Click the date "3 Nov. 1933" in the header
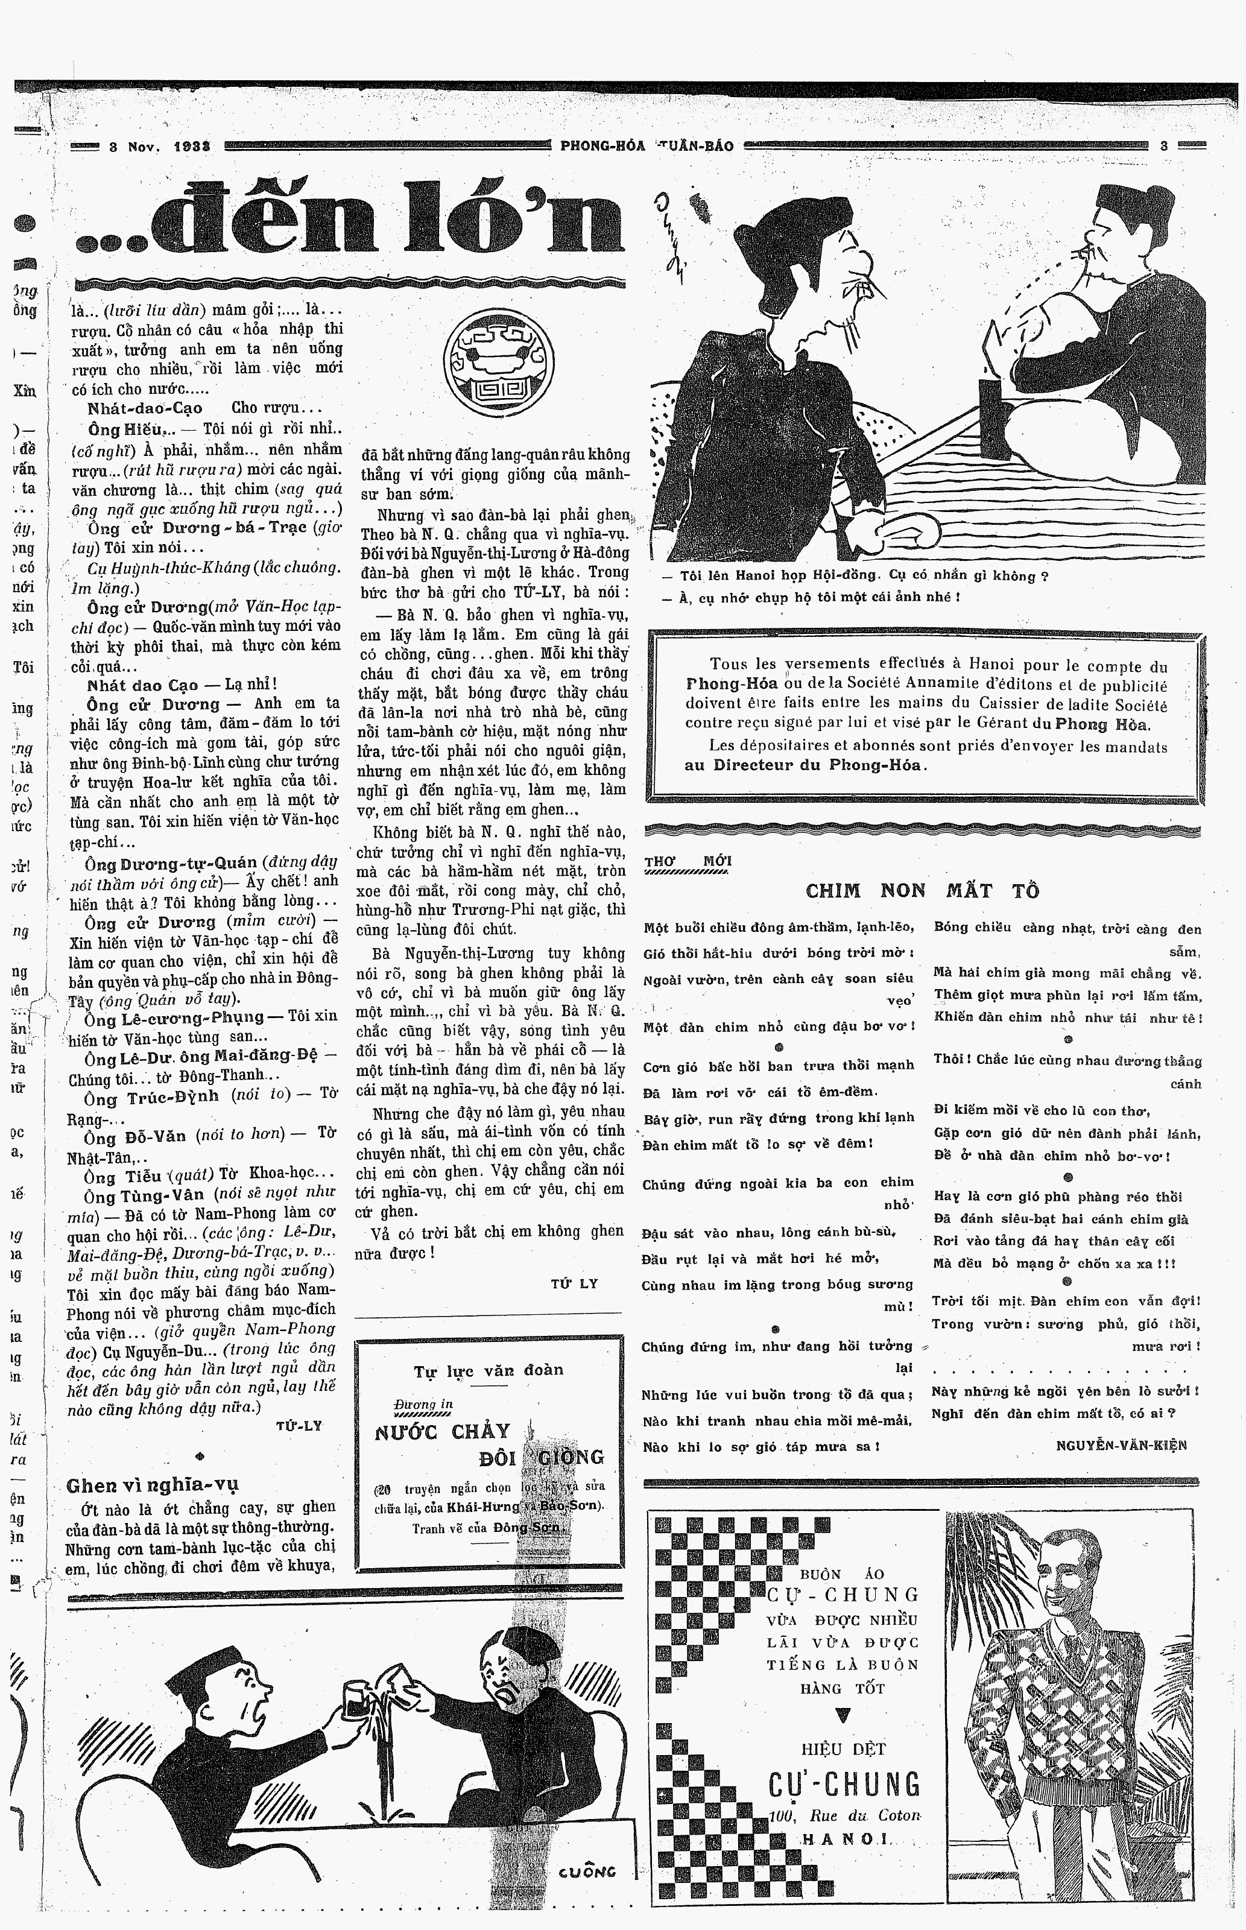coord(159,147)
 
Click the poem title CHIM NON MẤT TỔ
coord(922,891)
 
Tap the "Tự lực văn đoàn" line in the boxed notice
coord(489,1370)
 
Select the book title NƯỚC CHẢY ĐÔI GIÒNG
coord(489,1443)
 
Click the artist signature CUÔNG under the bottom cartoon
coord(587,1871)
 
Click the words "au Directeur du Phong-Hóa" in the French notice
coord(805,765)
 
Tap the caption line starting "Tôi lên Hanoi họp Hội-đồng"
coord(853,576)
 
